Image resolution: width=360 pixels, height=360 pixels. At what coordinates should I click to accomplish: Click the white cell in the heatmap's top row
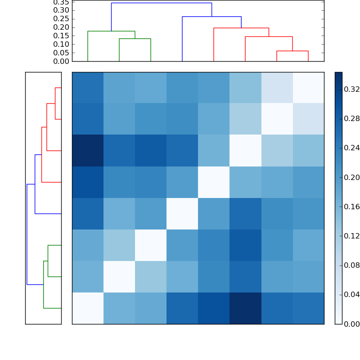click(308, 87)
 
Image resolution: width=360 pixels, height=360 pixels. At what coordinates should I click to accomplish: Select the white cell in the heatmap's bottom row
click(88, 308)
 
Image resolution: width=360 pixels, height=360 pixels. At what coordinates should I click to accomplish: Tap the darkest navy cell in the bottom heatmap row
click(245, 308)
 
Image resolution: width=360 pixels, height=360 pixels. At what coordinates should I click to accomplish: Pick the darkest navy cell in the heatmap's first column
click(88, 150)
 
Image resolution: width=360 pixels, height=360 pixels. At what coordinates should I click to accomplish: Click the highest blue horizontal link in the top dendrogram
click(161, 3)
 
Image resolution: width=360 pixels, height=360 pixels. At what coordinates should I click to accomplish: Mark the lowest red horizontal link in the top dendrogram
click(292, 51)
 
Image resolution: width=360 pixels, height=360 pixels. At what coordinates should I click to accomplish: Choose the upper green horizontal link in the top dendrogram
click(111, 31)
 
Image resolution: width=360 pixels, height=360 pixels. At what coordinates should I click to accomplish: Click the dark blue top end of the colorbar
click(338, 75)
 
